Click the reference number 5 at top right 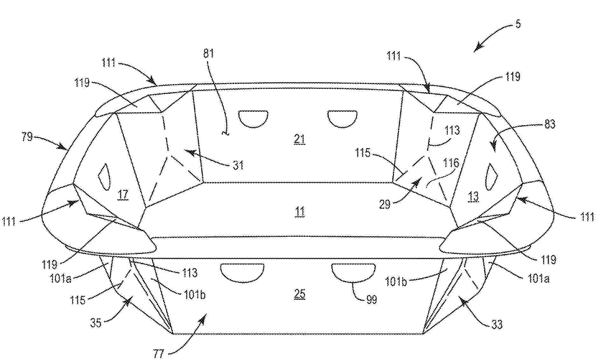point(518,24)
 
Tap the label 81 point(208,53)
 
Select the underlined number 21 point(299,139)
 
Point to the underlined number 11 point(299,212)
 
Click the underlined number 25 point(299,294)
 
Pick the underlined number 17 point(123,194)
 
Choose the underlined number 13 point(474,196)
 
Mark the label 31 point(238,165)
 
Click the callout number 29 point(384,204)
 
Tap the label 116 point(451,163)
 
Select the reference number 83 point(550,124)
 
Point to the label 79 point(27,137)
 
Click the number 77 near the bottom point(158,353)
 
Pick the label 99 point(371,300)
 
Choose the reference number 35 point(95,323)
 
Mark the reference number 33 point(497,324)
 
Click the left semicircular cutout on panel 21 point(253,119)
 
